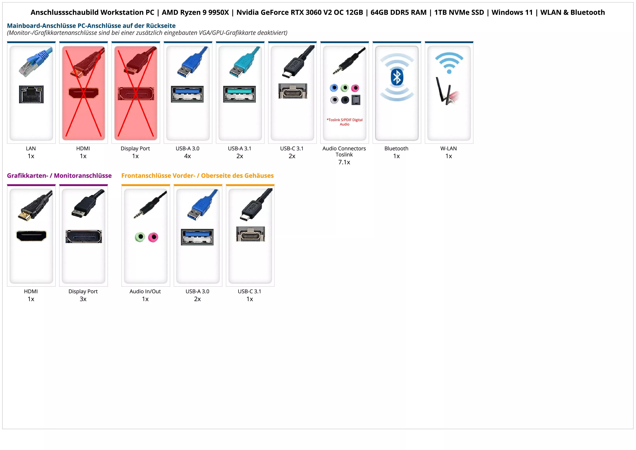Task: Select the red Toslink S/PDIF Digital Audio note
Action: click(344, 122)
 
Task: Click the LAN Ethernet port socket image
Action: click(31, 94)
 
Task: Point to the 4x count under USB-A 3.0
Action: click(187, 156)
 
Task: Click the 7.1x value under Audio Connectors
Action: click(344, 162)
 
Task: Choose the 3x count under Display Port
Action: click(83, 299)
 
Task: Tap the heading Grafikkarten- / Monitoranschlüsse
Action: click(59, 176)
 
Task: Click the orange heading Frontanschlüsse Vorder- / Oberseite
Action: click(197, 176)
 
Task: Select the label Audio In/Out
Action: click(145, 291)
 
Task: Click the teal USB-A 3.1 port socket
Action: click(239, 94)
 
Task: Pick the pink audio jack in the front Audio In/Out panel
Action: click(153, 237)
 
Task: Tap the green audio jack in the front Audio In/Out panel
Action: click(140, 237)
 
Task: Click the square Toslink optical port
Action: click(356, 100)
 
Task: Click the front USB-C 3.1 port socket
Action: click(250, 234)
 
